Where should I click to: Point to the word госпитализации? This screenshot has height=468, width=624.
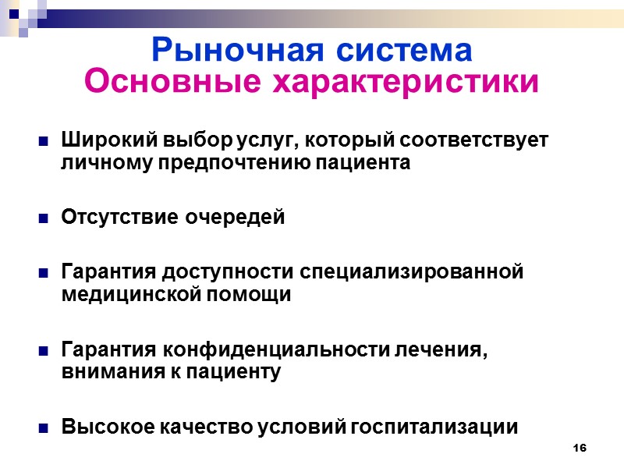pyautogui.click(x=436, y=427)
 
